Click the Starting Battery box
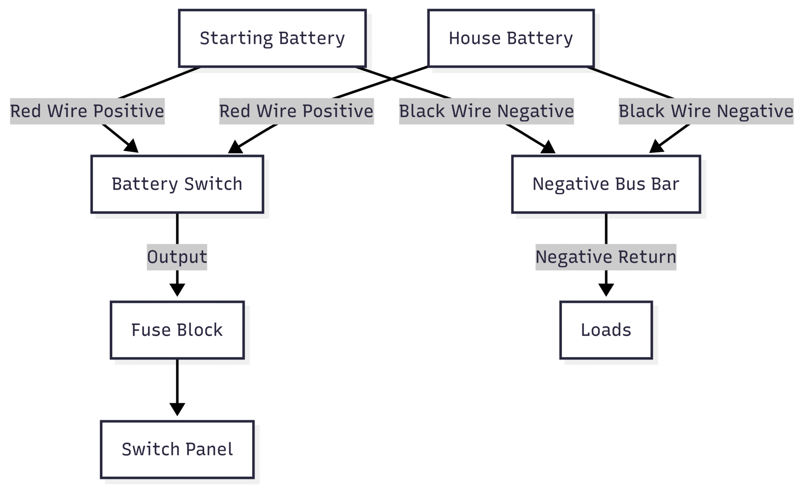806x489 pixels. click(272, 38)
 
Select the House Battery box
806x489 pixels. click(510, 38)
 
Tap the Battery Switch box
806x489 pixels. click(177, 184)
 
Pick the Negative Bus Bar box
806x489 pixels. click(606, 184)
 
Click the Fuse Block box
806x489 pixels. click(177, 330)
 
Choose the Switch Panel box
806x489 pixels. click(177, 449)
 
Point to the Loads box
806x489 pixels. click(606, 330)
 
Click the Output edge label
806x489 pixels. click(177, 257)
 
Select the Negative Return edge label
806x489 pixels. click(606, 257)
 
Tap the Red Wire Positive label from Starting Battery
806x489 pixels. click(87, 111)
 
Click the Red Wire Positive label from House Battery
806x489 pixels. click(296, 111)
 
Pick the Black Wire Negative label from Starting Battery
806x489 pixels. click(486, 111)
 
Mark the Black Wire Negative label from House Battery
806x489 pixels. click(706, 111)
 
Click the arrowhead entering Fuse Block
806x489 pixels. click(177, 290)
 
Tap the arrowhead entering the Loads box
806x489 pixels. click(606, 290)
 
